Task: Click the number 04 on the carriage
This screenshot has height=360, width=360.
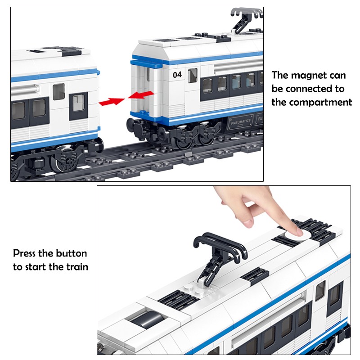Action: [177, 75]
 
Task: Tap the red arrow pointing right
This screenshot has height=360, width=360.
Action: [112, 101]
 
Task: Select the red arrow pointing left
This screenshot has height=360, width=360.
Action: [141, 94]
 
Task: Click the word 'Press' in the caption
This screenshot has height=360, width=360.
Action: [24, 253]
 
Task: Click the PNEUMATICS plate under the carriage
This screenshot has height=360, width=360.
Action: [241, 121]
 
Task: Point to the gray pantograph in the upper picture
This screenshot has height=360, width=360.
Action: [246, 18]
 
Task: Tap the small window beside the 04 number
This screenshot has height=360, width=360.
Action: [193, 76]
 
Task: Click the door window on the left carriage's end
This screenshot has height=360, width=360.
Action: [78, 106]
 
